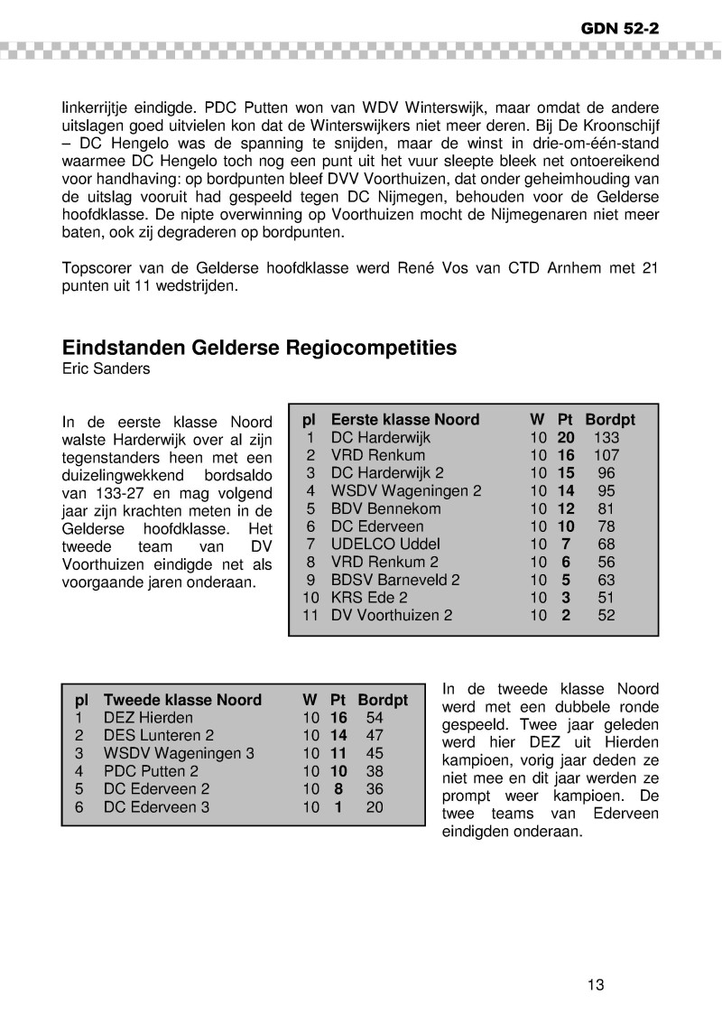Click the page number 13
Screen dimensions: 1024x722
click(595, 984)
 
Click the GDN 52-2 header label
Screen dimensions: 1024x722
click(620, 28)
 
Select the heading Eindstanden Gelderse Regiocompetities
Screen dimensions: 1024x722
click(259, 348)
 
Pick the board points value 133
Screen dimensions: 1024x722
click(606, 437)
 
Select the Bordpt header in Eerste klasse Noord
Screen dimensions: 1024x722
click(610, 420)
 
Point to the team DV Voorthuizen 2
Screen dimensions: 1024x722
click(391, 615)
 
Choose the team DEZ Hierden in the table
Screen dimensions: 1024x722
click(148, 718)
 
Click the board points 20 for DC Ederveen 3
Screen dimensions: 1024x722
click(374, 806)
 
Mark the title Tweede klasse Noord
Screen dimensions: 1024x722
click(182, 700)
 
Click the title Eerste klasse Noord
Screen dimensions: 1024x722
click(404, 420)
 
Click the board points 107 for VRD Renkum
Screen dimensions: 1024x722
click(606, 455)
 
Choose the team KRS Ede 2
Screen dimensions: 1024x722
click(369, 597)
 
